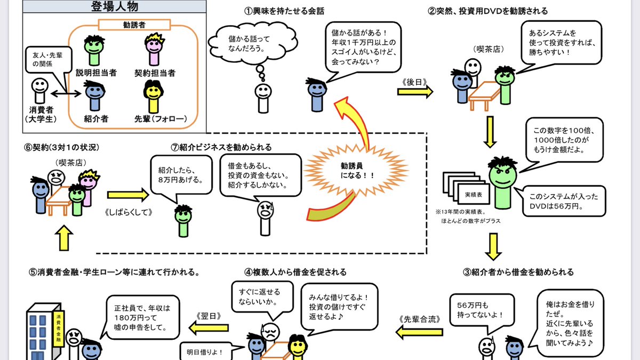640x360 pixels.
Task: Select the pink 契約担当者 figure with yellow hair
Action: coord(155,51)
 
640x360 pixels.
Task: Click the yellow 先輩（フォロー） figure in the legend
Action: coord(154,96)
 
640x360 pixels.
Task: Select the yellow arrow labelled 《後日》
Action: coord(414,91)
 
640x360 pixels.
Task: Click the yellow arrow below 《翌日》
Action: coord(205,330)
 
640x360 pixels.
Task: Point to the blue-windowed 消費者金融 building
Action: coord(45,333)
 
